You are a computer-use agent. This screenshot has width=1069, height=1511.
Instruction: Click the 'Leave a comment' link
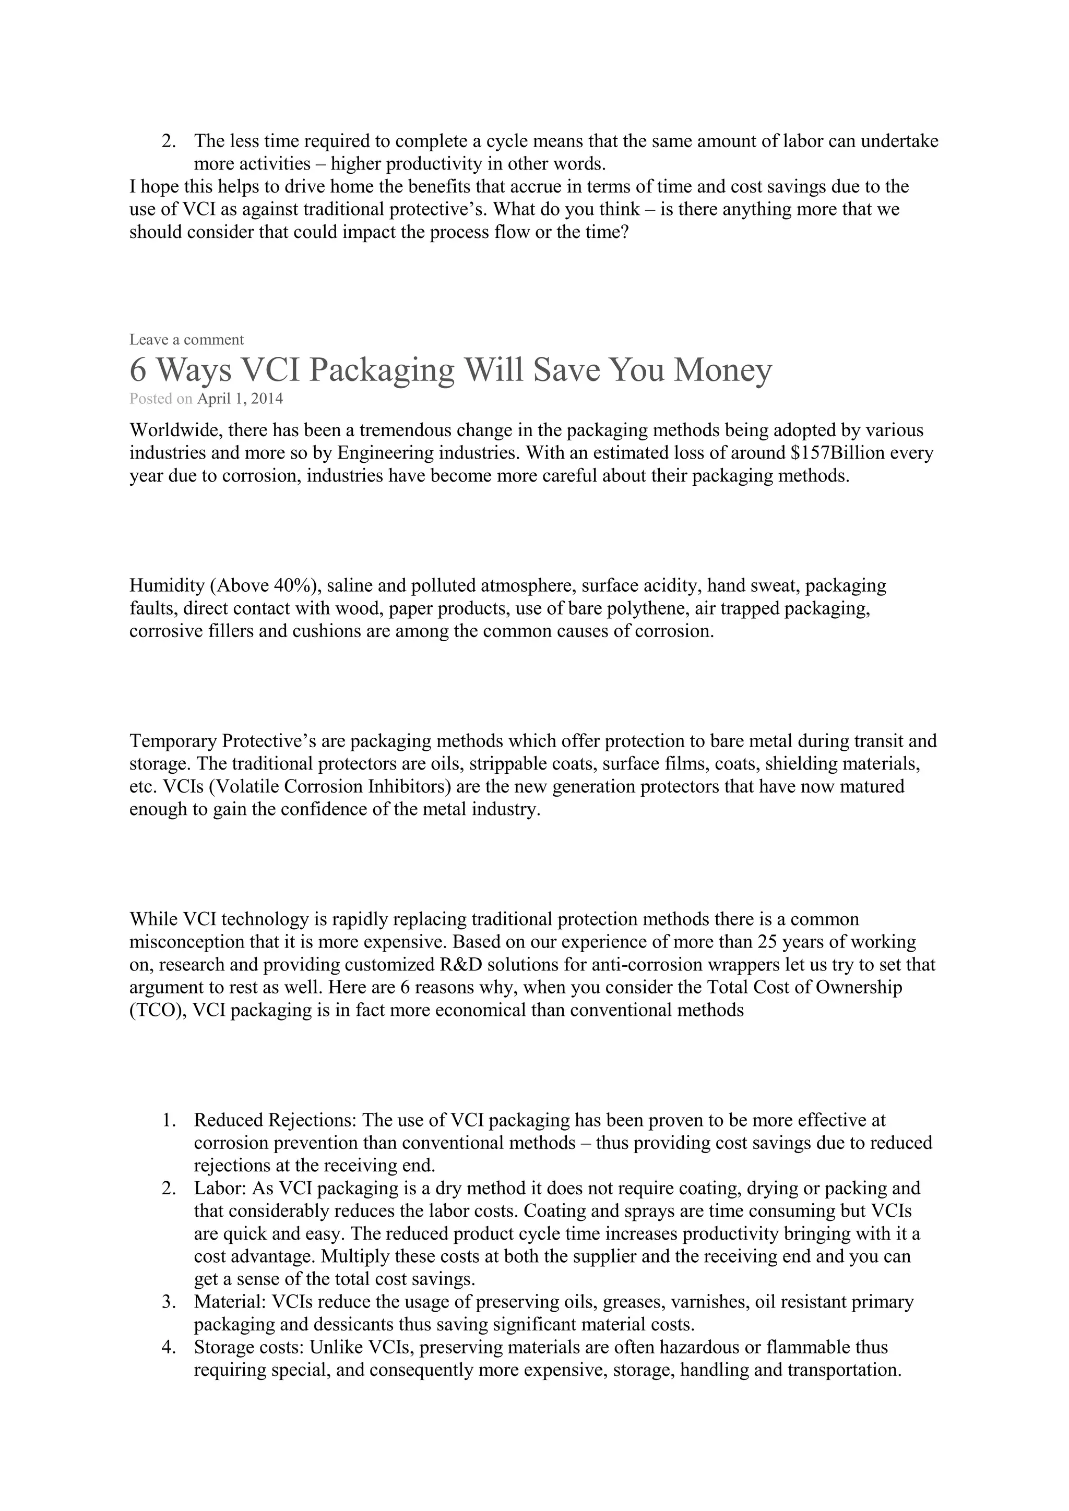click(186, 340)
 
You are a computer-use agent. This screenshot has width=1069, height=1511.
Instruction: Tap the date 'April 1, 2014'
click(240, 399)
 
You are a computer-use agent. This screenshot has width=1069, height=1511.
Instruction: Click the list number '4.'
click(169, 1347)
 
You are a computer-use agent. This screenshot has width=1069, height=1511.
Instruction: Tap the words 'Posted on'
click(161, 399)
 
